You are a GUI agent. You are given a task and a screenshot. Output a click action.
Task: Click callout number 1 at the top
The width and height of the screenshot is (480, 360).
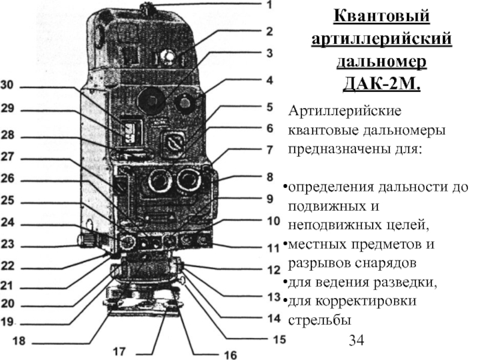click(x=269, y=5)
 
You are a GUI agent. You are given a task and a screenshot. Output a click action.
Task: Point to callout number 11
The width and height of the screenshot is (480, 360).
click(x=274, y=247)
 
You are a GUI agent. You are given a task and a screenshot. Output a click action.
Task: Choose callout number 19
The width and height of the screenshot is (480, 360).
click(x=7, y=322)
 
